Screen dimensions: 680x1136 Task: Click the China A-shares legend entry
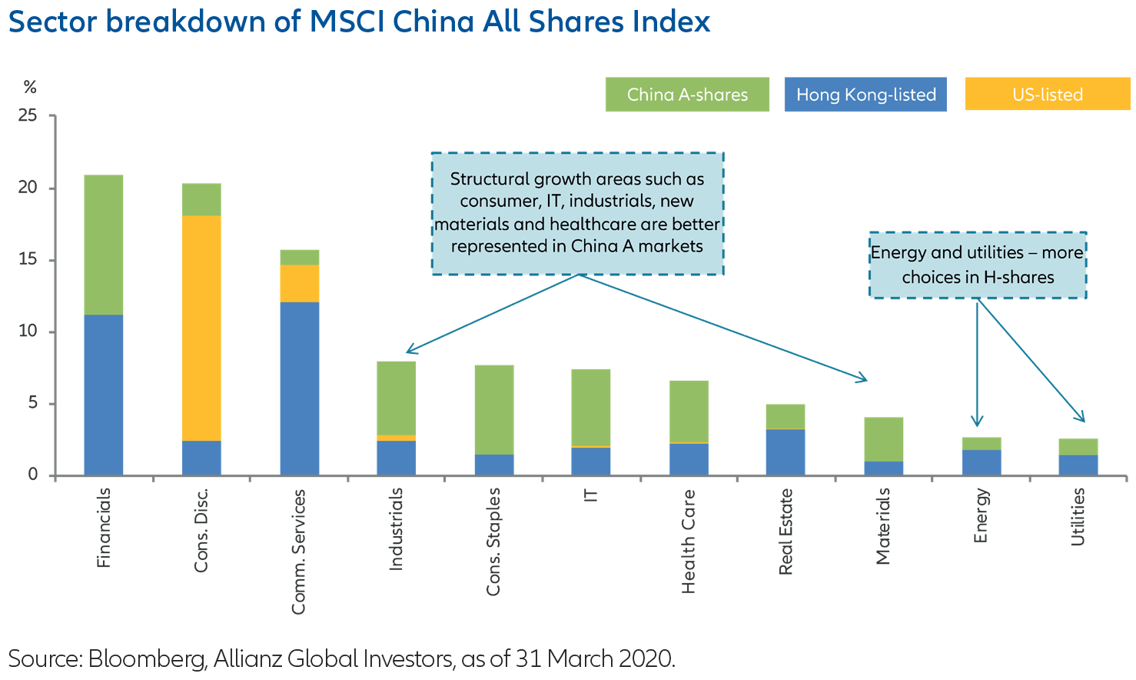687,95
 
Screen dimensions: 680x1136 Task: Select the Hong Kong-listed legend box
865,95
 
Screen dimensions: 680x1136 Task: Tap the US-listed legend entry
1047,95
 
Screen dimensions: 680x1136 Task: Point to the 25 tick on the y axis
28,116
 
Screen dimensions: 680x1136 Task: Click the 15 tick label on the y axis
28,260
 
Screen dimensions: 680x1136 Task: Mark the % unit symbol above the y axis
29,87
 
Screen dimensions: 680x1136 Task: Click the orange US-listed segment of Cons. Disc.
201,327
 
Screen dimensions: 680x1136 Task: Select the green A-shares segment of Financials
104,245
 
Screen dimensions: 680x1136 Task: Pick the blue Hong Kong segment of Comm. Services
299,388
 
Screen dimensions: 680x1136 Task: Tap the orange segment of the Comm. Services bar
299,283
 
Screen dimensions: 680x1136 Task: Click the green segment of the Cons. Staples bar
494,409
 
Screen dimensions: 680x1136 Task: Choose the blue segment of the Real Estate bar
786,452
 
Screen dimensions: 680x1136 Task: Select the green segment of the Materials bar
883,439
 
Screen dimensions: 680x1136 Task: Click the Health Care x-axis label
689,542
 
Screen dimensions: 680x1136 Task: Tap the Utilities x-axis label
1078,517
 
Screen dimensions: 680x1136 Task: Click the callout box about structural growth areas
577,213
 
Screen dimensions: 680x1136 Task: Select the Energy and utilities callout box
978,265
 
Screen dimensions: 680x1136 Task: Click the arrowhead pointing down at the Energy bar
977,422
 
